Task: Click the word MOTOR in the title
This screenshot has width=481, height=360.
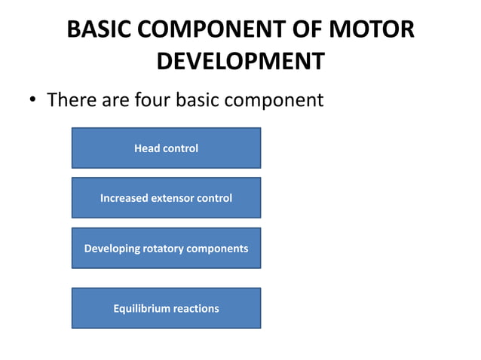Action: (373, 30)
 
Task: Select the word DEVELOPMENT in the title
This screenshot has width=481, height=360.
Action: (240, 61)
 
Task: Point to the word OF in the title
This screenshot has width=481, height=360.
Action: (310, 30)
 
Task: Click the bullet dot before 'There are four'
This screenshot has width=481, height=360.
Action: (34, 100)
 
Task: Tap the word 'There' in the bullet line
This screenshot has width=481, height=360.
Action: (72, 99)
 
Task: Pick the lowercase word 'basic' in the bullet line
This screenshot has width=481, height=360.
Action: (201, 99)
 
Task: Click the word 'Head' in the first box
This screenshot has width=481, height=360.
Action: (147, 148)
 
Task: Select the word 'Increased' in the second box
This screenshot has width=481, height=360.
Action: (124, 198)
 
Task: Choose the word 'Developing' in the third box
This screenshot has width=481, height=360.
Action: (112, 249)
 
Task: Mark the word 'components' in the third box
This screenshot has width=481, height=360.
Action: (219, 249)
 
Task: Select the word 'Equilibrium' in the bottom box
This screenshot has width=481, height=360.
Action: (141, 308)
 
